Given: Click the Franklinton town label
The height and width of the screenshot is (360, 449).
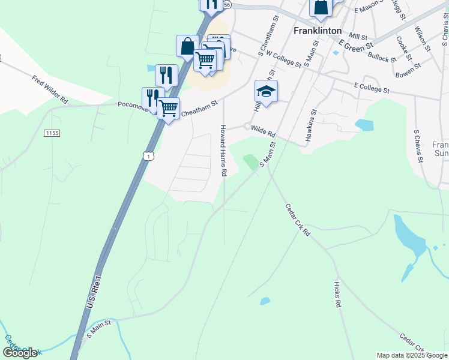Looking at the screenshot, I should tap(318, 30).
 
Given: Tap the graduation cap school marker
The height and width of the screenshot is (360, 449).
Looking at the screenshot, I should tap(266, 92).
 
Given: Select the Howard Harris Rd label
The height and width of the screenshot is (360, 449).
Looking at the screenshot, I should tap(223, 151).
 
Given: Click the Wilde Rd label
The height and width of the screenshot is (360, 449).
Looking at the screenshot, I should tap(262, 131).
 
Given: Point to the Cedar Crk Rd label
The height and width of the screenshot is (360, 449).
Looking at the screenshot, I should tap(297, 220).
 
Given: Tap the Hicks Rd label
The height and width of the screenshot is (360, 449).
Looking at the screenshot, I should tap(337, 295).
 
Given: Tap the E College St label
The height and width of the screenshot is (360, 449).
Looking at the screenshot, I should tap(372, 89).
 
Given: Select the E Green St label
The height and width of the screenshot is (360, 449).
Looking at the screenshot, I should tap(356, 44).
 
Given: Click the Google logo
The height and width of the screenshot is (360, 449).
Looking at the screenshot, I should tap(20, 352).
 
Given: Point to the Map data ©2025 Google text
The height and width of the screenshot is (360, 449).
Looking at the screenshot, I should tap(412, 355).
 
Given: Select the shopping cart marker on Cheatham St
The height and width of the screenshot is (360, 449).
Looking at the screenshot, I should tap(169, 109).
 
